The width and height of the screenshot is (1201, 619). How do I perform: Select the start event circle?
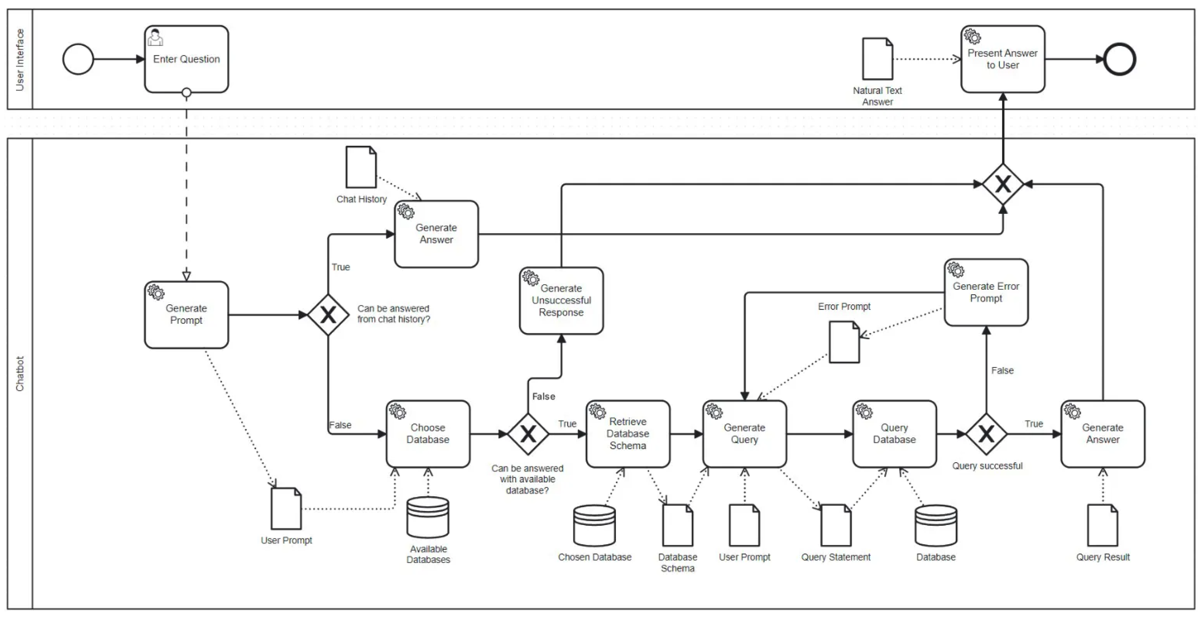point(78,59)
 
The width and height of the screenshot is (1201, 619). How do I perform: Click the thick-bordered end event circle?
point(1119,59)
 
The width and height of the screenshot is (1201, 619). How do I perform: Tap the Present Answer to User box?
point(1002,59)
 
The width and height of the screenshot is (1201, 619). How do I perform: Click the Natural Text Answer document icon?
point(877,59)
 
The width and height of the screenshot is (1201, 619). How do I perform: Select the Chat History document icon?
point(360,167)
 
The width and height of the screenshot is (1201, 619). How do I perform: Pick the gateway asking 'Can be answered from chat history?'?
point(328,315)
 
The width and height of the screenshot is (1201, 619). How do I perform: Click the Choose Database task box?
point(428,434)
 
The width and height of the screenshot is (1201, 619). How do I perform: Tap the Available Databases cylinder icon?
point(428,517)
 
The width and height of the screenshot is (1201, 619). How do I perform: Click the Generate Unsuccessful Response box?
point(561,301)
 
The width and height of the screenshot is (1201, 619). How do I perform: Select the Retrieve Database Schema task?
point(628,434)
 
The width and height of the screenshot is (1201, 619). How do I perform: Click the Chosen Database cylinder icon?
point(594,525)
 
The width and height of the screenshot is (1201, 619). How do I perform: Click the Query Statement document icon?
point(835,525)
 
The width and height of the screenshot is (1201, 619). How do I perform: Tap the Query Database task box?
point(894,434)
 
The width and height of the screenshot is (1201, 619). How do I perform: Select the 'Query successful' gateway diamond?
point(986,434)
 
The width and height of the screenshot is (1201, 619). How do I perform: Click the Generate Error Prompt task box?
point(986,292)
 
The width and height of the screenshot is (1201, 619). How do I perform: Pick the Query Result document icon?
point(1102,525)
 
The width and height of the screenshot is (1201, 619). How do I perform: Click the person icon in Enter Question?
point(155,37)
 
